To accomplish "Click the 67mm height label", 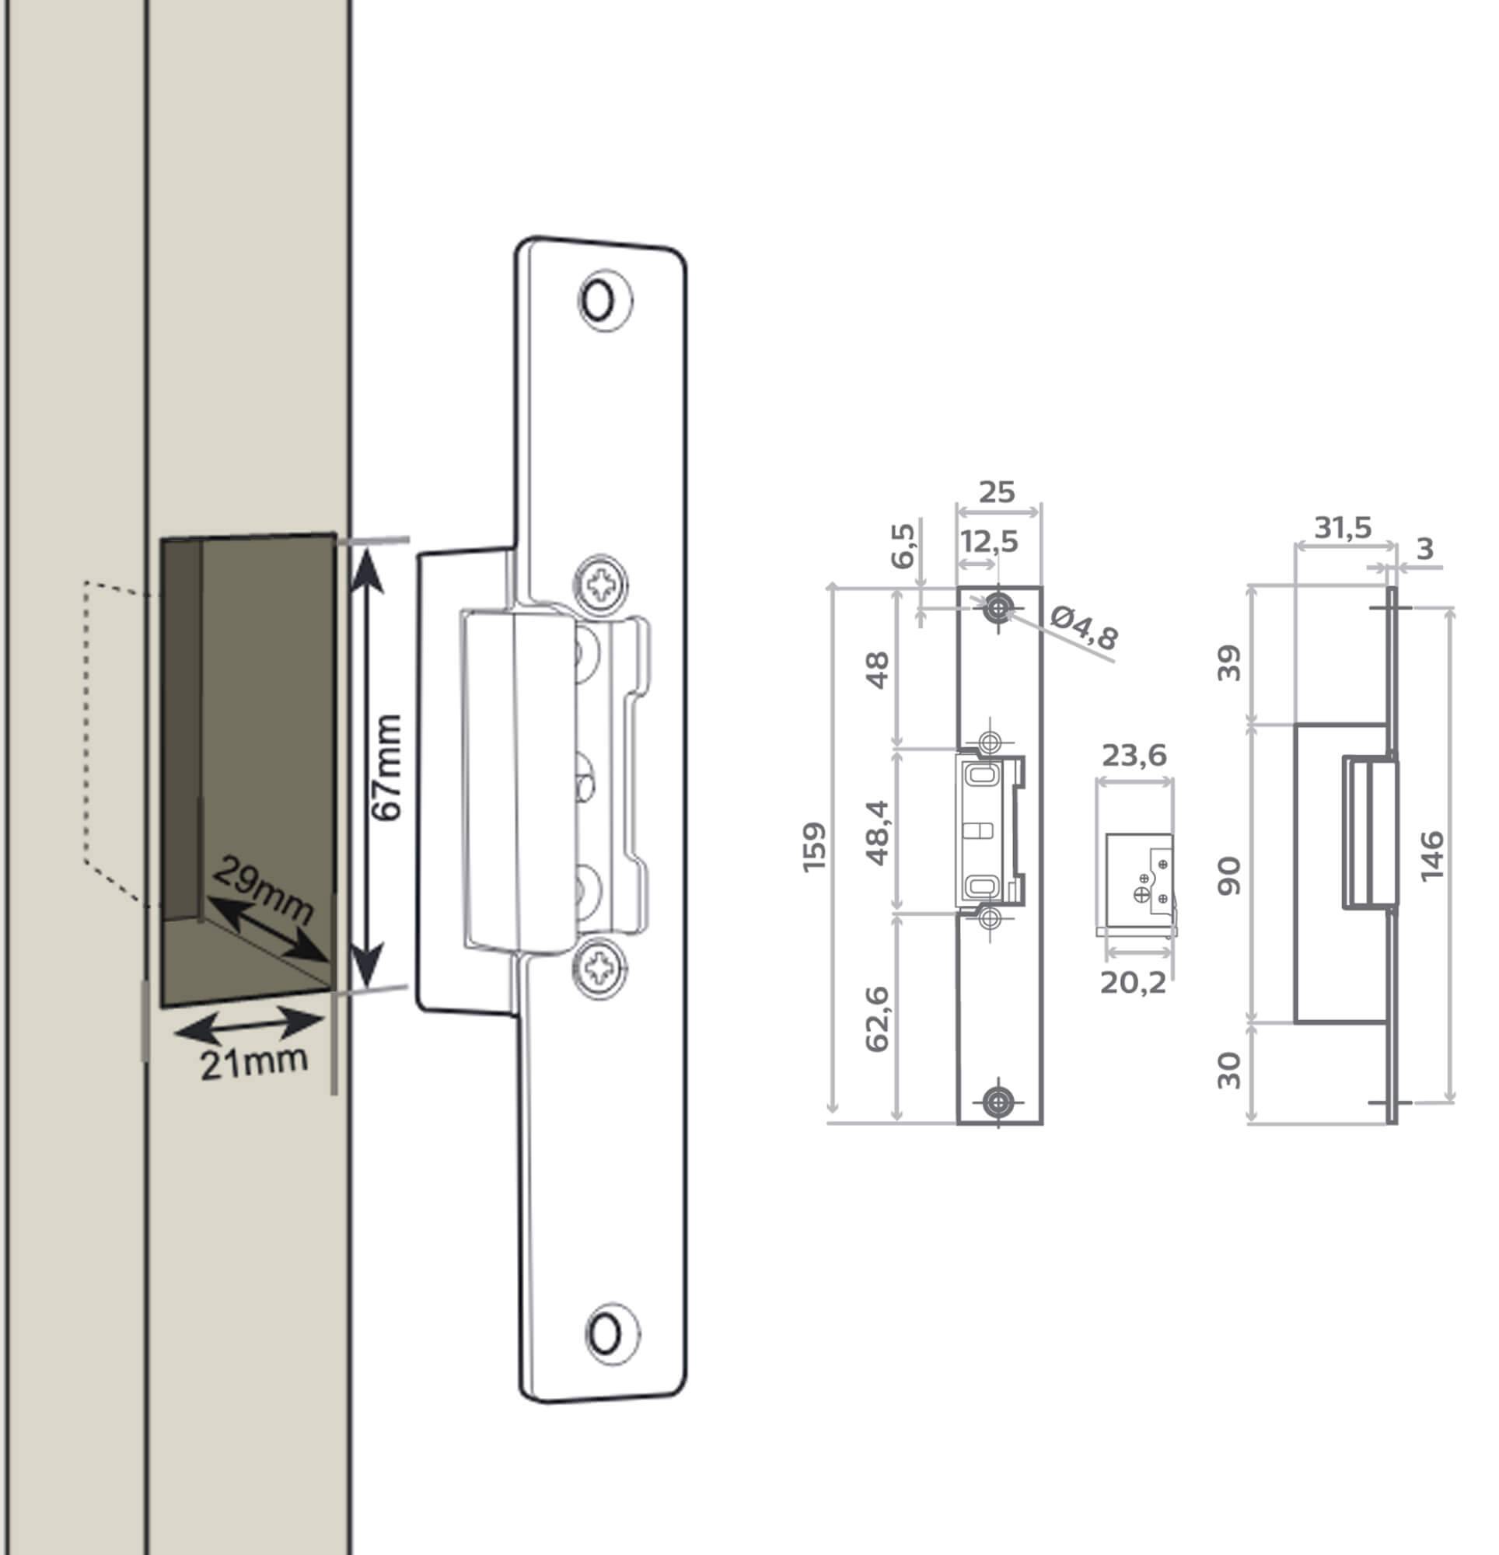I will (x=387, y=767).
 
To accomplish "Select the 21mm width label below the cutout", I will (x=253, y=1063).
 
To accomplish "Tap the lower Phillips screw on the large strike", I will (x=601, y=968).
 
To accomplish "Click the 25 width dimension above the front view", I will (x=997, y=493).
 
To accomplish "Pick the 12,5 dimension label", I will (x=989, y=542).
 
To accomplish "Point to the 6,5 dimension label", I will (x=903, y=546).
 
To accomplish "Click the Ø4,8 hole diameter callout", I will (x=1084, y=627).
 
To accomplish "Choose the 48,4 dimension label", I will (x=878, y=832).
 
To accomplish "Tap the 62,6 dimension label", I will (x=878, y=1019).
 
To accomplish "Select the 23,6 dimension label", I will (x=1134, y=755).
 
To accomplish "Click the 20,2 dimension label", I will (x=1133, y=983).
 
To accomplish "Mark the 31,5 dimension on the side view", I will (x=1343, y=528).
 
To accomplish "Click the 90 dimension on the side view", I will (x=1229, y=876).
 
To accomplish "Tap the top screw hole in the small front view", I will (x=998, y=610).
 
